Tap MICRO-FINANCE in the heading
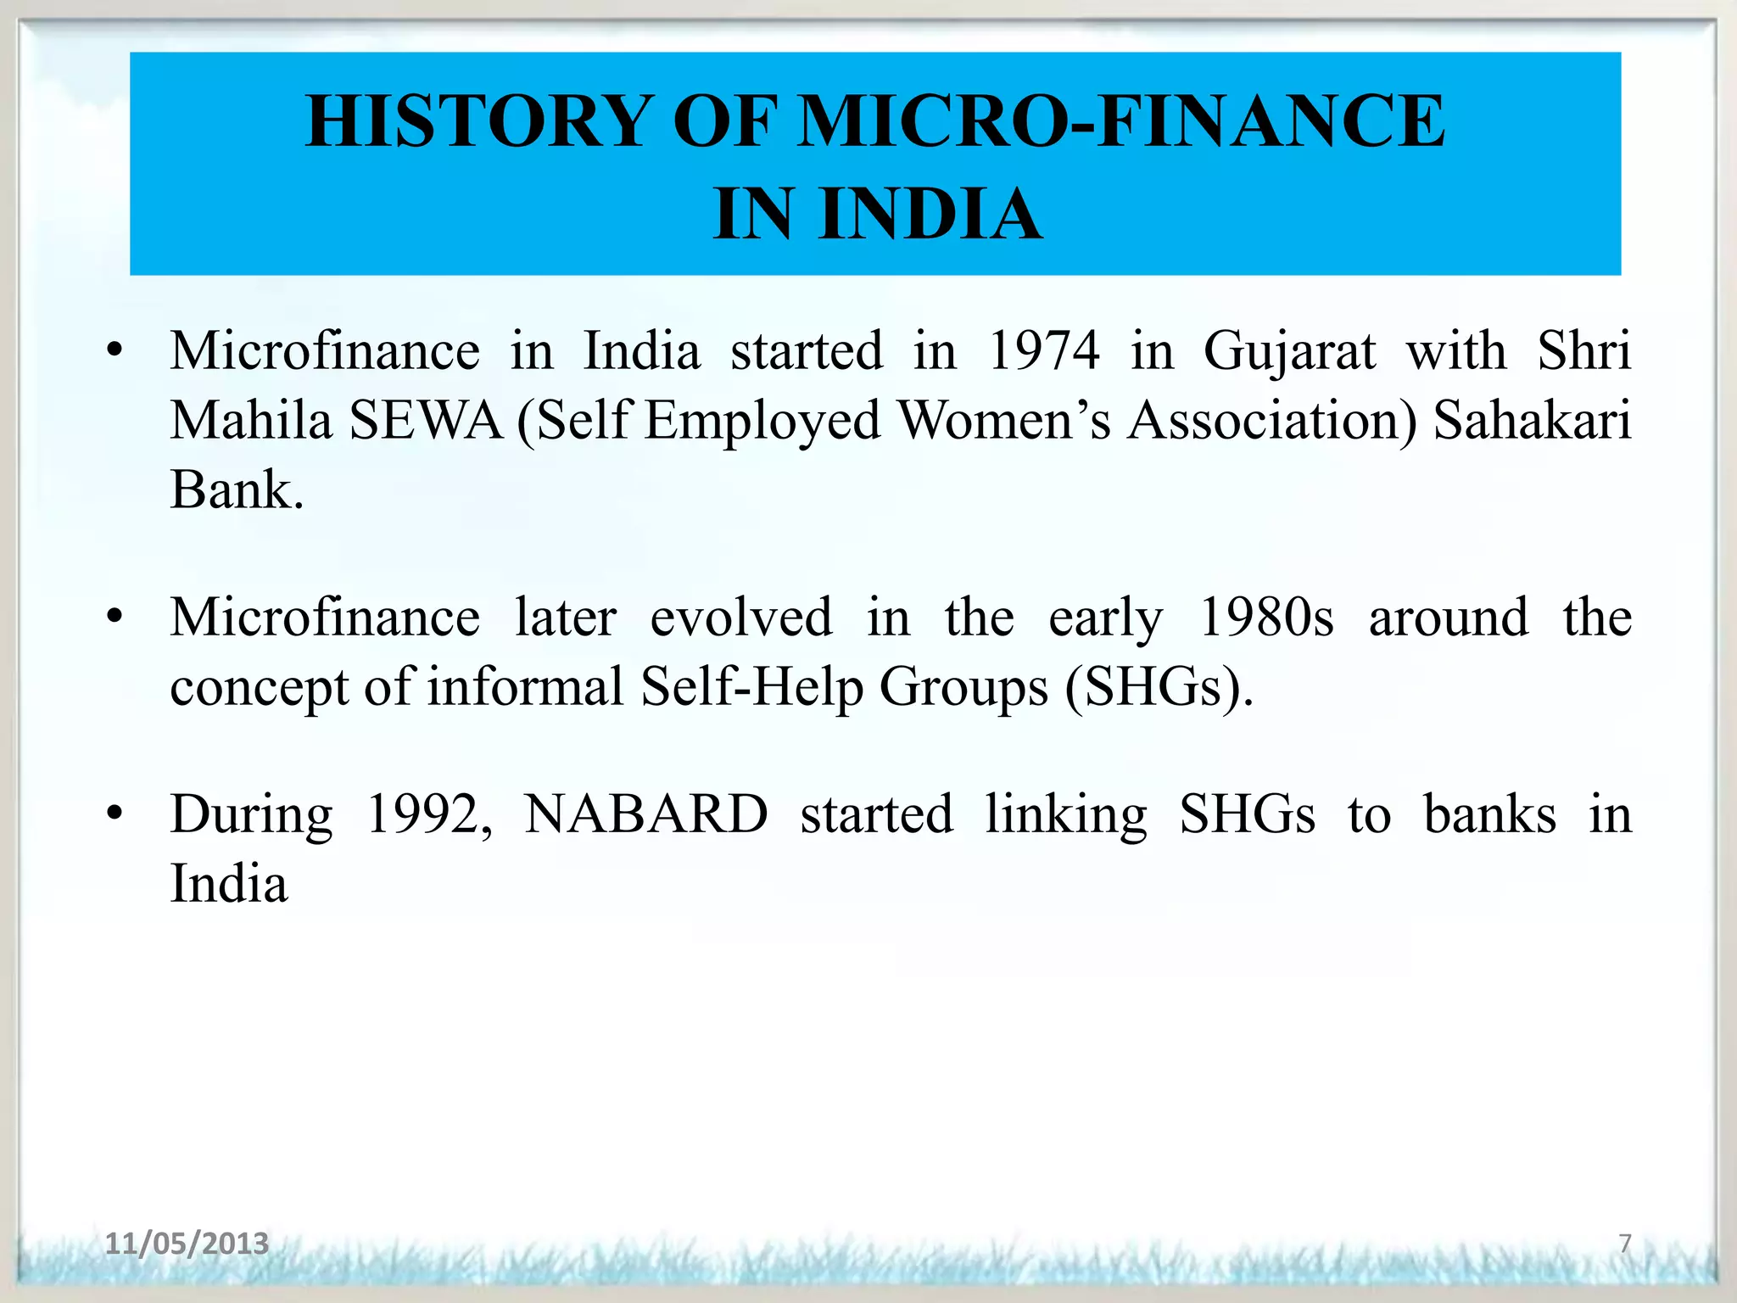coord(1122,121)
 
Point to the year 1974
coord(1044,351)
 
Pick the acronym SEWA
coord(426,421)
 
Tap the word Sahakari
coord(1532,421)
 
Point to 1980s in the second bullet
coord(1266,618)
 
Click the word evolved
coord(740,618)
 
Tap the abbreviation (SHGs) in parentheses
coord(1159,687)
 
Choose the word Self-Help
coord(751,687)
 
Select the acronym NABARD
coord(645,814)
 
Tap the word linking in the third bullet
coord(1065,816)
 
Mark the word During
coord(251,816)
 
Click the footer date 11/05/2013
coord(187,1244)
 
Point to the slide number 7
coord(1624,1244)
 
